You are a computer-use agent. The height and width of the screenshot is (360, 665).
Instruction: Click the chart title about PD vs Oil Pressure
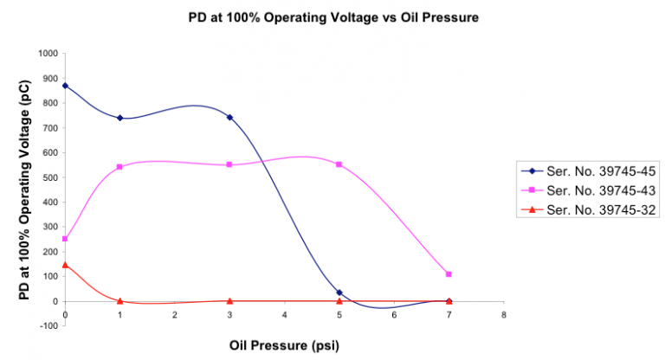point(332,16)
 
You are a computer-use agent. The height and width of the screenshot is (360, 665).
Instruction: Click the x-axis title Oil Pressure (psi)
point(284,344)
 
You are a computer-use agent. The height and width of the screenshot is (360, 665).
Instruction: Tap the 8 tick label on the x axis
point(503,316)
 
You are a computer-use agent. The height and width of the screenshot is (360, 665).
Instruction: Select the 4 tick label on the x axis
point(284,316)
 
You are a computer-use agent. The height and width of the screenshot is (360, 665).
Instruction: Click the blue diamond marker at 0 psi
point(65,86)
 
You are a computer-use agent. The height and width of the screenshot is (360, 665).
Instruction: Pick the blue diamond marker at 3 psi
point(229,117)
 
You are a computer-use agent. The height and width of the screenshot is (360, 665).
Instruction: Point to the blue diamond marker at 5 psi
point(339,292)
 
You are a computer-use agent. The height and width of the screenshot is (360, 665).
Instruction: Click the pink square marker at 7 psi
point(449,274)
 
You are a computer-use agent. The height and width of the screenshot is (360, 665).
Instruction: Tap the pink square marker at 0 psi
point(65,239)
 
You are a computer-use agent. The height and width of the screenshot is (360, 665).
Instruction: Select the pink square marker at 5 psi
point(339,164)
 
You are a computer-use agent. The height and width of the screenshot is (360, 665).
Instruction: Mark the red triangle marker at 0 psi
point(65,265)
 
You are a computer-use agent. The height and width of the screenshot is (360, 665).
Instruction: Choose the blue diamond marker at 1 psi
point(119,118)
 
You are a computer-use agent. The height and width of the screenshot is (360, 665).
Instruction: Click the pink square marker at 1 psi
point(119,167)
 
